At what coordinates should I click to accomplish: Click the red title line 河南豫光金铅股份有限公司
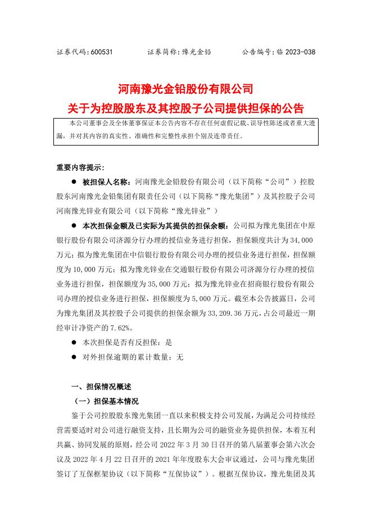185,89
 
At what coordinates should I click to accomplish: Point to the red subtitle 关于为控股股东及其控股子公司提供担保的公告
185,106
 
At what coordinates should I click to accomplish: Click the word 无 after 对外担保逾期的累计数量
180,357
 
